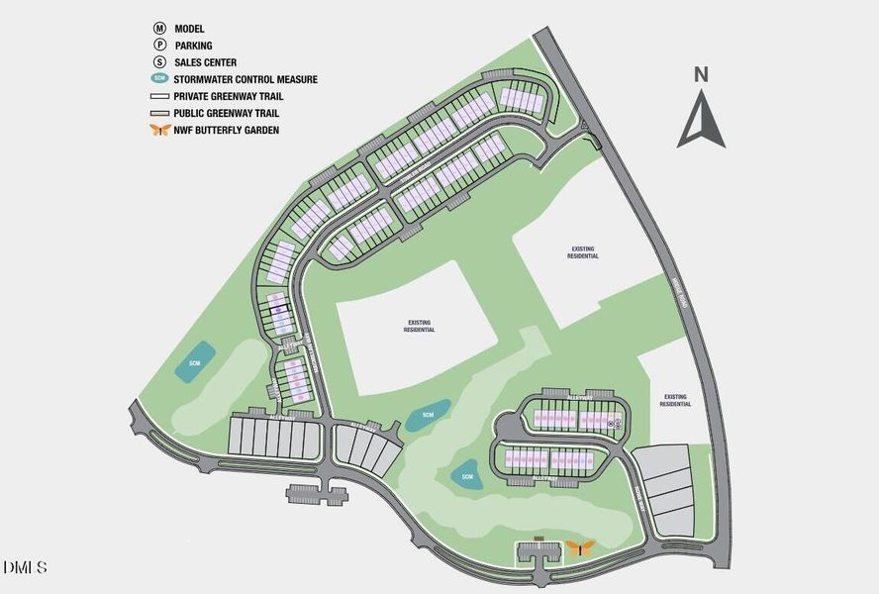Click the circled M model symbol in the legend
pyautogui.click(x=159, y=30)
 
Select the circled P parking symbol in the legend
pyautogui.click(x=159, y=46)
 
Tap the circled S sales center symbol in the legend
pyautogui.click(x=159, y=62)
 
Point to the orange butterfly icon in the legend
pyautogui.click(x=159, y=130)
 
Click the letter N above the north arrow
pyautogui.click(x=701, y=73)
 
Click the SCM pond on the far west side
pyautogui.click(x=197, y=363)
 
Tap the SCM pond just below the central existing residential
pyautogui.click(x=428, y=415)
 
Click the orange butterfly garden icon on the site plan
pyautogui.click(x=580, y=547)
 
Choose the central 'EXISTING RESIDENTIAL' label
pyautogui.click(x=419, y=326)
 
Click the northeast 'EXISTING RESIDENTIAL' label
pyautogui.click(x=584, y=252)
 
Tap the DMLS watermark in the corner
pyautogui.click(x=25, y=568)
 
